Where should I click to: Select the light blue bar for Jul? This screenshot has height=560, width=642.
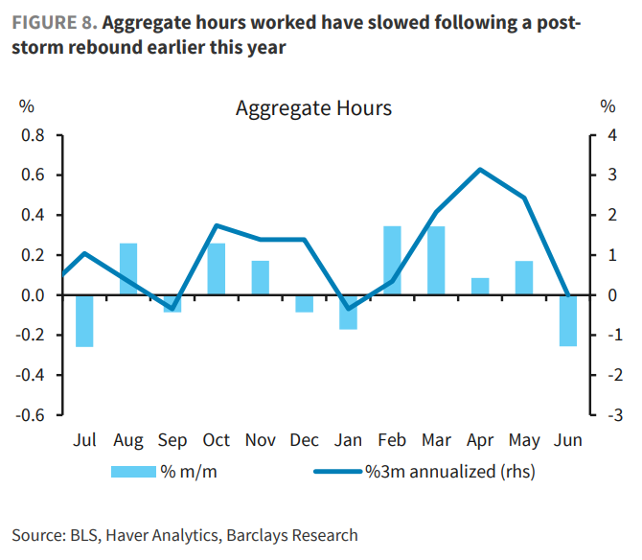coord(84,320)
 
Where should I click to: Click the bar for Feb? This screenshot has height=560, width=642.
coord(392,260)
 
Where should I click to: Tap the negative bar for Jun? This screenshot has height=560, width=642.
coord(568,320)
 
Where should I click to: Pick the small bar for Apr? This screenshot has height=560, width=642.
coord(480,286)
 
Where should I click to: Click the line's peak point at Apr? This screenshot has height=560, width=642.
coord(479,170)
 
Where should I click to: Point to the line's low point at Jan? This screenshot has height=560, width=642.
coord(349,309)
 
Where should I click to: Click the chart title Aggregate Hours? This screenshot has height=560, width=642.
coord(313,108)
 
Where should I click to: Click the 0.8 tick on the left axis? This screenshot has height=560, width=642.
coord(34,135)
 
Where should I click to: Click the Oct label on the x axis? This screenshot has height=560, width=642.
coord(217,440)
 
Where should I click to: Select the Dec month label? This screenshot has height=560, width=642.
coord(304,440)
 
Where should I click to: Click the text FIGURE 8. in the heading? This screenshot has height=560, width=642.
coord(54,21)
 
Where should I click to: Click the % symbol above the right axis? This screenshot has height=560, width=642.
coord(608,106)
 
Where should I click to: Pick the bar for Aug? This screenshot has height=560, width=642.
coord(128,268)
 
